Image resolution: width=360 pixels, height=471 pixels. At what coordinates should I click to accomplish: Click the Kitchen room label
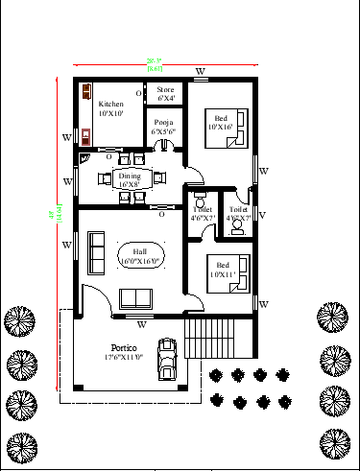pos(111,104)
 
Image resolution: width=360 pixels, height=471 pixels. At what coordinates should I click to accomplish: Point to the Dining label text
pos(129,176)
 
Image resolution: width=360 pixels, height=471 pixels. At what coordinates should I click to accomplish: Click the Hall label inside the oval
pos(139,249)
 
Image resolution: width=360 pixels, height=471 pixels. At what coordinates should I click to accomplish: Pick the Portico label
pos(124,346)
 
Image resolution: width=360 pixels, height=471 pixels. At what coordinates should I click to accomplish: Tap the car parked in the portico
pos(169,360)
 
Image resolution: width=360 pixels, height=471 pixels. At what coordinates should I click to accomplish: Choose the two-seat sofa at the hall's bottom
pos(136,295)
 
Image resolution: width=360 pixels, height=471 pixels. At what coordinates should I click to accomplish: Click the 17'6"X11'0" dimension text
pos(124,357)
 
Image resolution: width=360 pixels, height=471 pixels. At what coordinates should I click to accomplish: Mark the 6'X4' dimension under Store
pos(166,97)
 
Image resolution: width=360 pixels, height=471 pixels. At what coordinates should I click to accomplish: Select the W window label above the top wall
pos(200,72)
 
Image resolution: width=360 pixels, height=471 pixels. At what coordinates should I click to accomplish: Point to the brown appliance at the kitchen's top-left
pos(86,93)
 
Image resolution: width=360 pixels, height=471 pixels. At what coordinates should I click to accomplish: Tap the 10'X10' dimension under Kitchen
pos(111,113)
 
